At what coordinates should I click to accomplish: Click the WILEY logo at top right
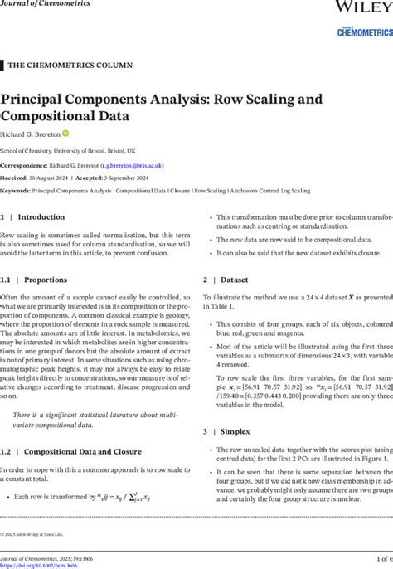coord(362,7)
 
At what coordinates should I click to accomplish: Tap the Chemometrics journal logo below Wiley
coord(364,30)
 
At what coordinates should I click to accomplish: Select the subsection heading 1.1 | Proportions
coord(34,280)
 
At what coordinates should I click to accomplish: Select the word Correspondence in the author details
coord(23,165)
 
